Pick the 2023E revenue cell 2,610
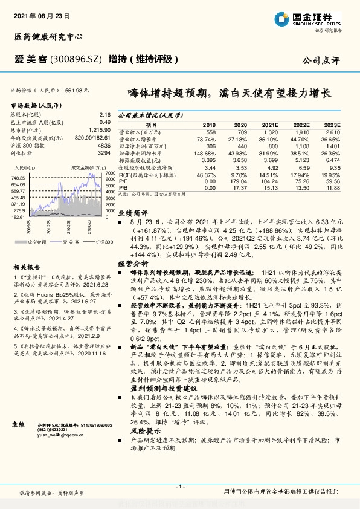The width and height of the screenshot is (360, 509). [x=333, y=131]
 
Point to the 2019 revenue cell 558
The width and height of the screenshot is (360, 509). [x=210, y=131]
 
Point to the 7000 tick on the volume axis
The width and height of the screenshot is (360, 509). [x=110, y=172]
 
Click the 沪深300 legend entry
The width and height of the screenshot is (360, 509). [x=104, y=241]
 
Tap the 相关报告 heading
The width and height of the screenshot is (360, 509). [x=27, y=267]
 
